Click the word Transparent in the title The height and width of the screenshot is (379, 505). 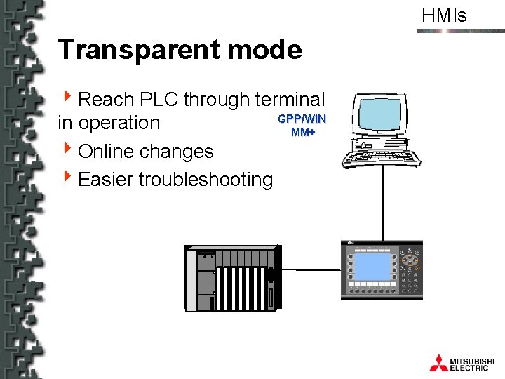click(137, 50)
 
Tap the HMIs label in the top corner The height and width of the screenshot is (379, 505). click(444, 15)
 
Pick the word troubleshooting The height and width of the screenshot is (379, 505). click(206, 180)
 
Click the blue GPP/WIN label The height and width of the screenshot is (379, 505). click(302, 119)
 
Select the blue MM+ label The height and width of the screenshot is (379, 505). click(302, 131)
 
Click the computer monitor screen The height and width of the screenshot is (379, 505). click(381, 114)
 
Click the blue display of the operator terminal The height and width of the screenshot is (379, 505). click(372, 267)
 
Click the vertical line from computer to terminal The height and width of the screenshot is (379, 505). click(383, 204)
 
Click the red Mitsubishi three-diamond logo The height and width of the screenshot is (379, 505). click(438, 362)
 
